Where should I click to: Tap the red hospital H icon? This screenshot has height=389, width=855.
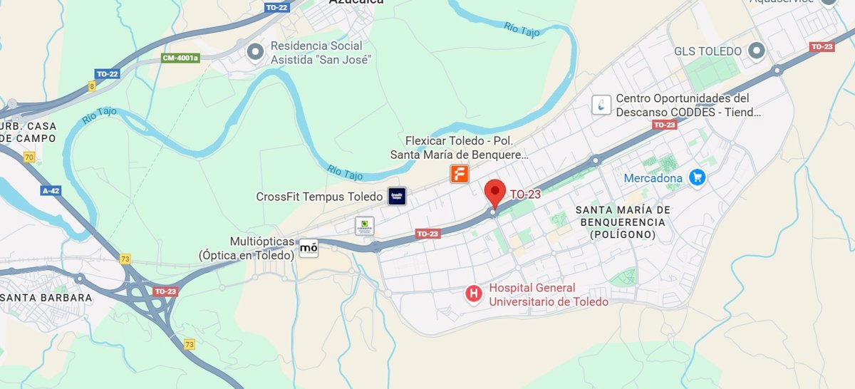472,293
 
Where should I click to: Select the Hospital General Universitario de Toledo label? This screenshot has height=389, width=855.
548,295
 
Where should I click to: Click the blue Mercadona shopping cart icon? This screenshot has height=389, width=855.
697,177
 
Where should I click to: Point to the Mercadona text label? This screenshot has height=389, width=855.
653,178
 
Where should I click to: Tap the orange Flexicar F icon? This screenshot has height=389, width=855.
460,173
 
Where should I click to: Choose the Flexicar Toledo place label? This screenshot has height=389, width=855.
460,147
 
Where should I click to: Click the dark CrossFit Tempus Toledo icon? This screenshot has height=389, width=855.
397,197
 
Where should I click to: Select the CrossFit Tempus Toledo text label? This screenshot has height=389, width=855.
321,197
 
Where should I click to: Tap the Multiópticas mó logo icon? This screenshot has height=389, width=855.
309,248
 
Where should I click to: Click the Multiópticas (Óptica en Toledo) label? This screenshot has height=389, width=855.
247,249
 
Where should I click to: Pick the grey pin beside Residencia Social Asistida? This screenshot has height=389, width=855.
255,51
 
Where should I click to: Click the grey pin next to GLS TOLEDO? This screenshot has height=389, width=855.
756,51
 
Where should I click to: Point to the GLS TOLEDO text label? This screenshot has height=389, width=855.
708,51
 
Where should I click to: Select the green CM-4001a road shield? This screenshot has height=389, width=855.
180,58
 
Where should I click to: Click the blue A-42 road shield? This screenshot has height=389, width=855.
51,191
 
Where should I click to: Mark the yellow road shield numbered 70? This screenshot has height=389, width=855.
28,157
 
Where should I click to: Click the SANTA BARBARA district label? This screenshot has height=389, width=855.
46,298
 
